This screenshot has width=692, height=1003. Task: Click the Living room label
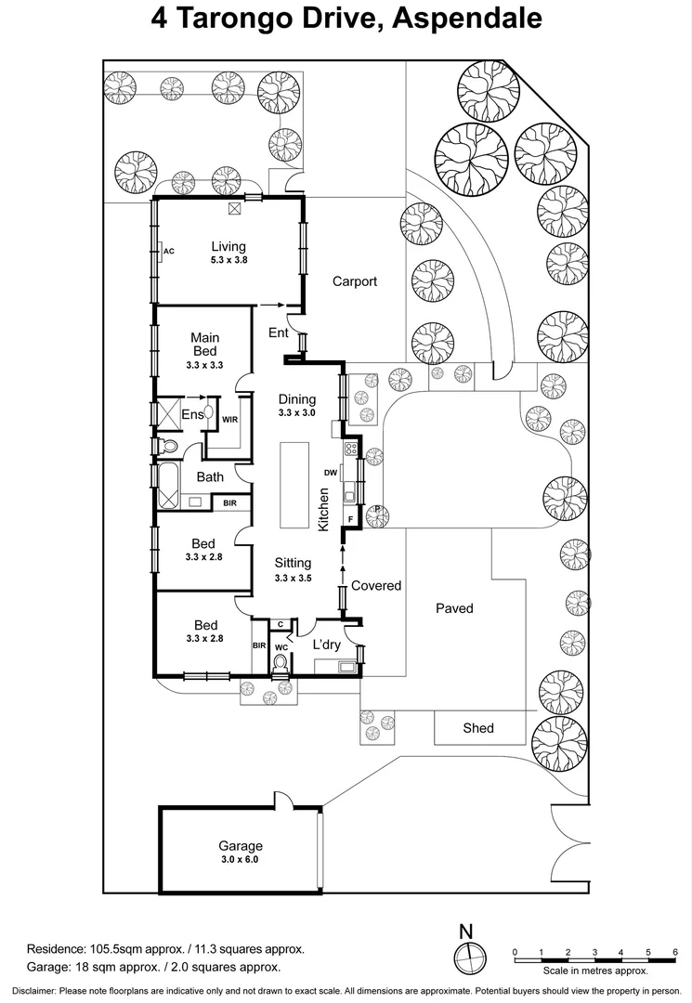pyautogui.click(x=228, y=246)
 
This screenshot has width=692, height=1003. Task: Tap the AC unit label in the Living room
pyautogui.click(x=169, y=251)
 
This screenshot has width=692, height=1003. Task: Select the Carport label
pyautogui.click(x=355, y=281)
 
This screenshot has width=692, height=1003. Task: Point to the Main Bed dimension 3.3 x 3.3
pyautogui.click(x=204, y=366)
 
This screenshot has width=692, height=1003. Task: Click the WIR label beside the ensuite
pyautogui.click(x=229, y=420)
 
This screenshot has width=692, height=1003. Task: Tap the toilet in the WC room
pyautogui.click(x=280, y=663)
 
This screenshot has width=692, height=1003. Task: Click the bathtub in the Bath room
pyautogui.click(x=168, y=487)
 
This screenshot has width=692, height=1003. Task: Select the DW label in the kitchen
pyautogui.click(x=330, y=473)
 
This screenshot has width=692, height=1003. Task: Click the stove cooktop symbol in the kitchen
pyautogui.click(x=352, y=449)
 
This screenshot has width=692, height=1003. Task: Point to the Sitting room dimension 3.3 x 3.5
pyautogui.click(x=293, y=578)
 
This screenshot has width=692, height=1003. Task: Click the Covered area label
pyautogui.click(x=376, y=585)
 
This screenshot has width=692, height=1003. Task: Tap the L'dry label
pyautogui.click(x=326, y=645)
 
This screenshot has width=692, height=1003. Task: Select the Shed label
pyautogui.click(x=478, y=728)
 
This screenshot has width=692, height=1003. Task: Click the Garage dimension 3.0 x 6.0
pyautogui.click(x=240, y=860)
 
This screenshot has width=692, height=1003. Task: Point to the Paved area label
pyautogui.click(x=454, y=608)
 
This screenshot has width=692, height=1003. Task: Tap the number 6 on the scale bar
pyautogui.click(x=675, y=951)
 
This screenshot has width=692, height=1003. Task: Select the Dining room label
pyautogui.click(x=297, y=399)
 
